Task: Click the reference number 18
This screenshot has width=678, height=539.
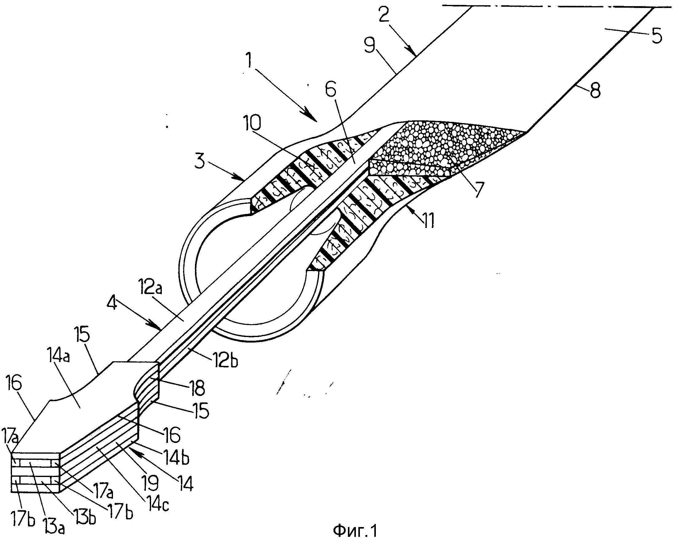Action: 197,387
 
